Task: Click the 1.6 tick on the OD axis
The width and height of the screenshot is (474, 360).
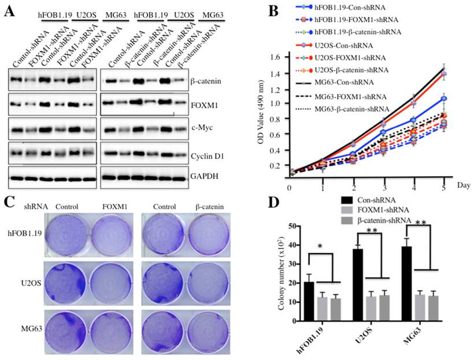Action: coord(276,57)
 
